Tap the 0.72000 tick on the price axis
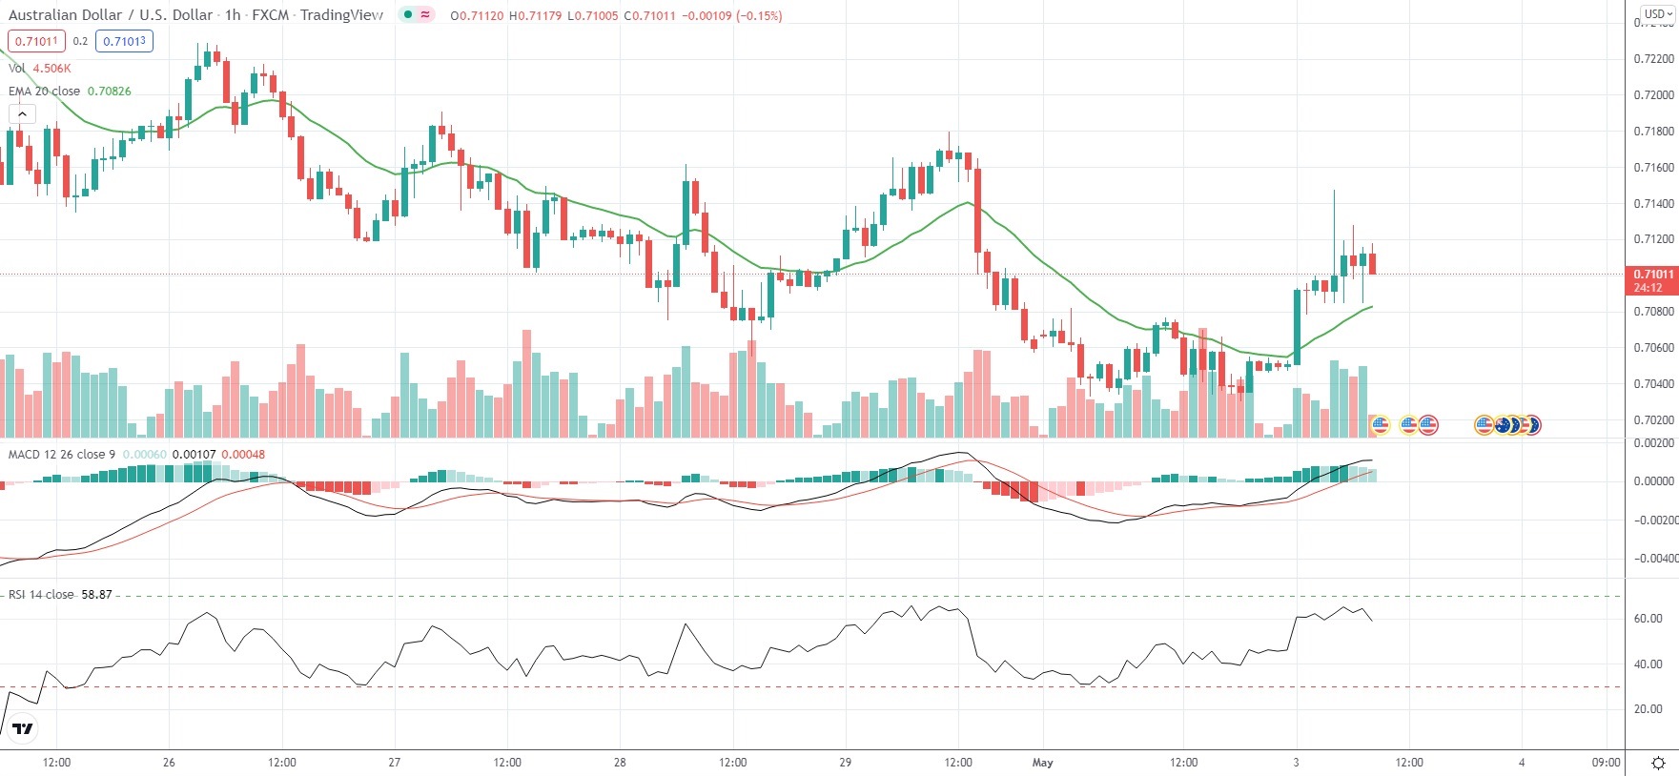pos(1653,95)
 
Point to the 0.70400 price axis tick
pos(1653,384)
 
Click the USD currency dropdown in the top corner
pos(1657,14)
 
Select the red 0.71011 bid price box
pos(36,41)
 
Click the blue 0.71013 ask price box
pos(124,41)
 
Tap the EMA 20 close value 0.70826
pos(110,92)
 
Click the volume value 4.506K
pos(51,69)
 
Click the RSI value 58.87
pos(96,595)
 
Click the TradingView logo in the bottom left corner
pos(23,729)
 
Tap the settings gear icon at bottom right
pos(1658,763)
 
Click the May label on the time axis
pos(1043,763)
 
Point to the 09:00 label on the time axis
pos(1606,763)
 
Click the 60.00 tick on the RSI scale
pos(1648,619)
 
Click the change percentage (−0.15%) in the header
pos(759,16)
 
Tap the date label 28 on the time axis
pos(620,763)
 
